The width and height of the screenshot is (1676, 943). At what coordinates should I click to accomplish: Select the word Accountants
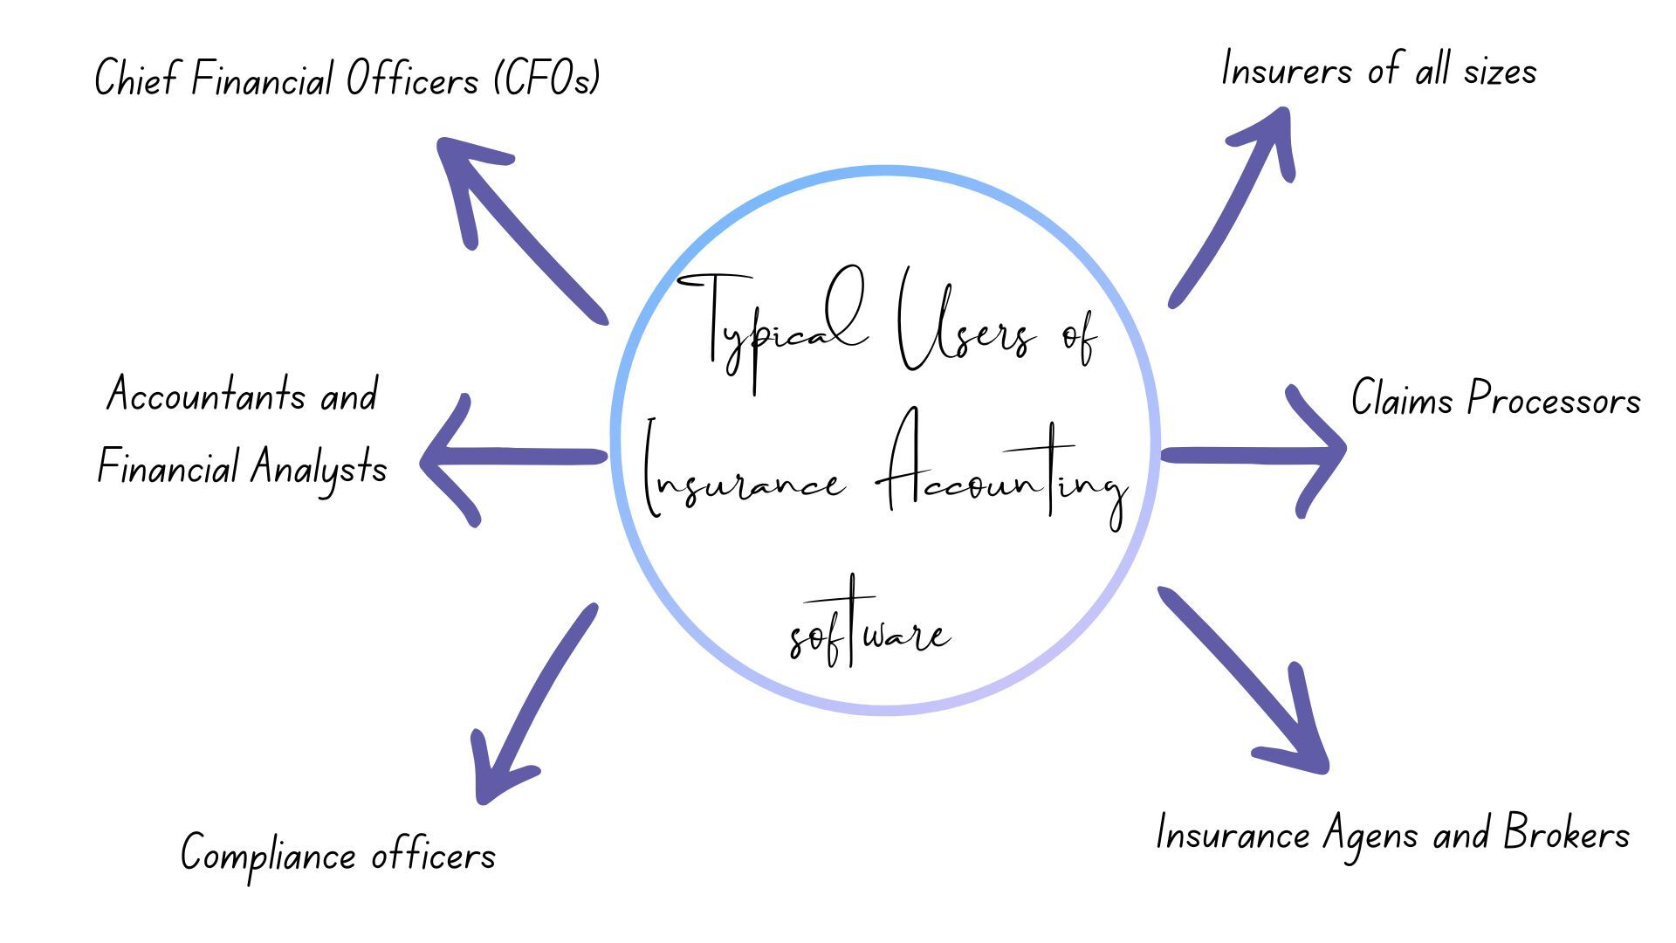point(206,395)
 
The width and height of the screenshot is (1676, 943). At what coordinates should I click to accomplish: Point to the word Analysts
point(319,468)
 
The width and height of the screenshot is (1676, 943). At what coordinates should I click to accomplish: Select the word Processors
point(1554,399)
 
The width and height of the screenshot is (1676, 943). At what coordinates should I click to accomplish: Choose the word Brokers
point(1566,834)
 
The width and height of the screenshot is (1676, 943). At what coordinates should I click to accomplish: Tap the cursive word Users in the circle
point(965,332)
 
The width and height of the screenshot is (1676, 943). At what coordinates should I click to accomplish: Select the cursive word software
point(869,629)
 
